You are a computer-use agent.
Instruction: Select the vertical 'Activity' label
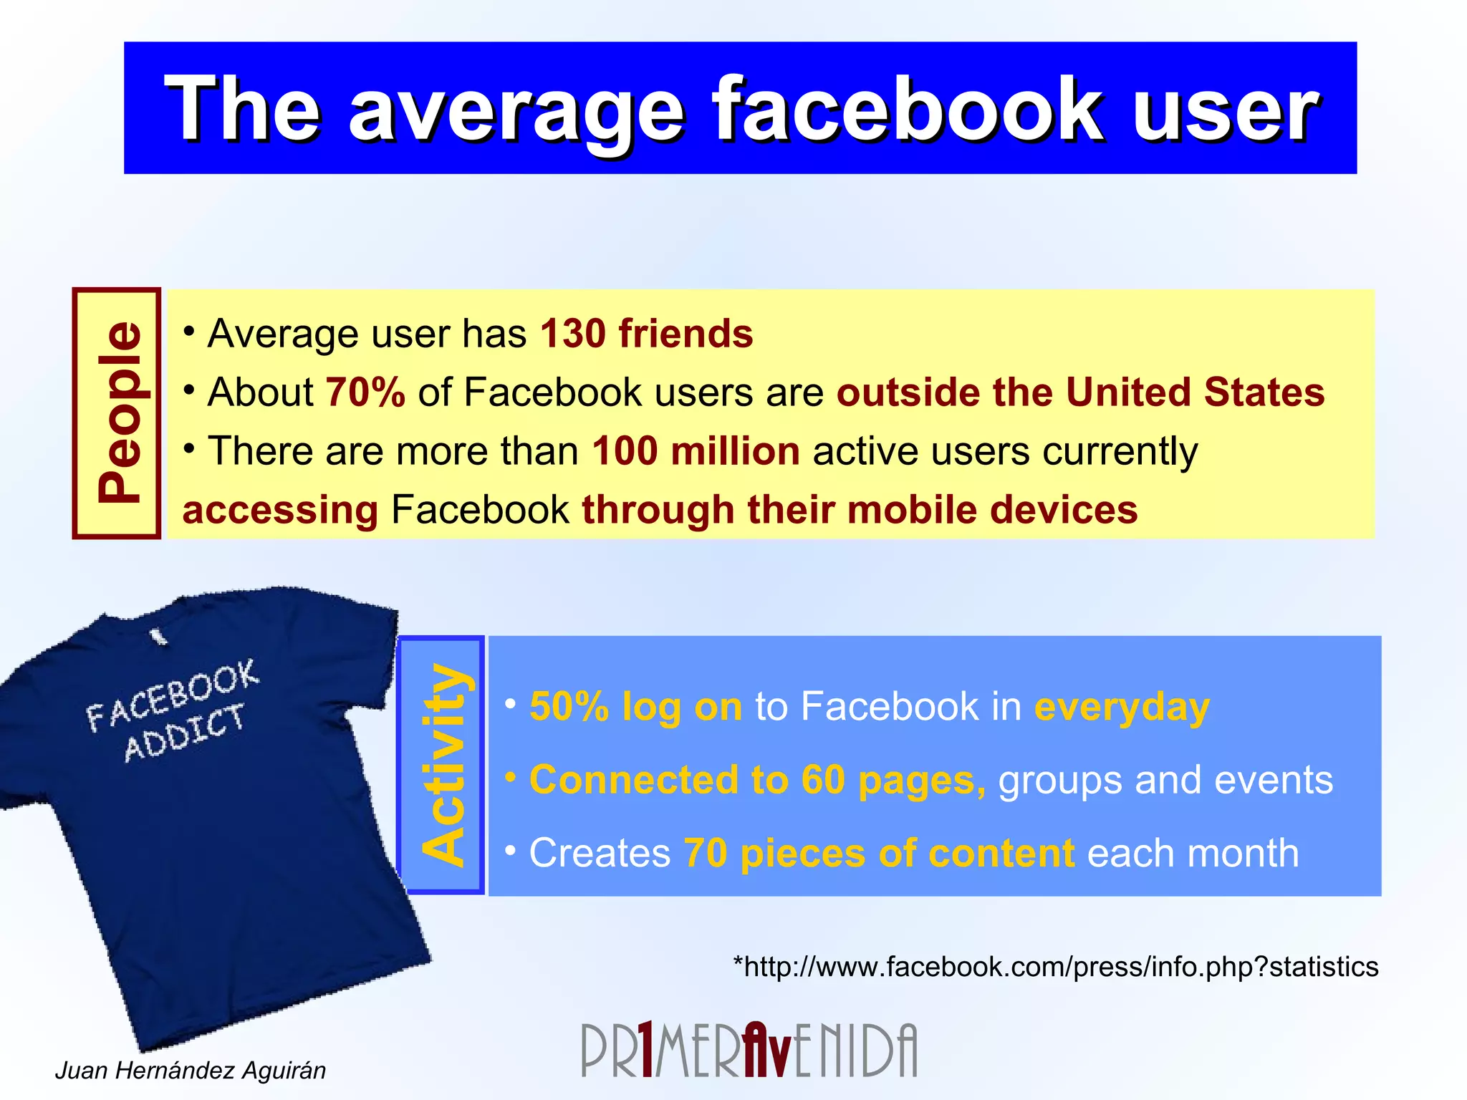click(443, 765)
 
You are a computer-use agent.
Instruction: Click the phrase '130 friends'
click(646, 334)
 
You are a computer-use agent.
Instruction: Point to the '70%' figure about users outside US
click(365, 392)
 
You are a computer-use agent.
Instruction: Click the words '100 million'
click(696, 452)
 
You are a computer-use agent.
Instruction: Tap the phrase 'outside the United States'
click(1080, 392)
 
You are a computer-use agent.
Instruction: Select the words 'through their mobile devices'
click(860, 510)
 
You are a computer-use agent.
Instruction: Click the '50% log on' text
click(635, 707)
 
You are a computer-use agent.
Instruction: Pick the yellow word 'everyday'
click(1122, 707)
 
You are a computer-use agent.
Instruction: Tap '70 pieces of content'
click(879, 853)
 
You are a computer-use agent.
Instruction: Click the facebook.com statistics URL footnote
click(1055, 967)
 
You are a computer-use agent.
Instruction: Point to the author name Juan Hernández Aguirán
click(191, 1070)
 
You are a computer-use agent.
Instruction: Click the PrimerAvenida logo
click(749, 1050)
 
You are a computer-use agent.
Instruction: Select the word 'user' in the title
click(1225, 110)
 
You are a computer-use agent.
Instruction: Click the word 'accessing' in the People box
click(280, 510)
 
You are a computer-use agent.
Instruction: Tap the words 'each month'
click(1193, 853)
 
